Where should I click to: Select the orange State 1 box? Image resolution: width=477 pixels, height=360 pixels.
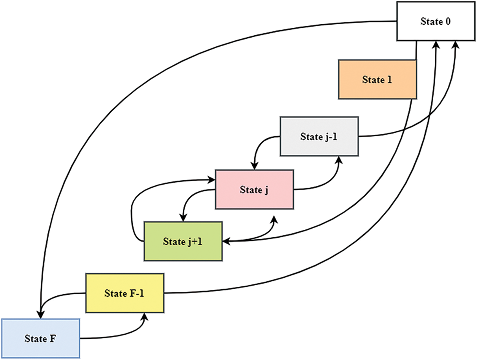(x=377, y=80)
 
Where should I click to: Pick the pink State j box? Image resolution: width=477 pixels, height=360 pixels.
(x=254, y=189)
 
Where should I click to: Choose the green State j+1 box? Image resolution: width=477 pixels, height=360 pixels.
(x=182, y=242)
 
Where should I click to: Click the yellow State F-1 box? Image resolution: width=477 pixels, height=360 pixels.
(x=124, y=293)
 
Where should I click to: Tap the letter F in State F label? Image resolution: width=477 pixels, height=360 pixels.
(x=54, y=338)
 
